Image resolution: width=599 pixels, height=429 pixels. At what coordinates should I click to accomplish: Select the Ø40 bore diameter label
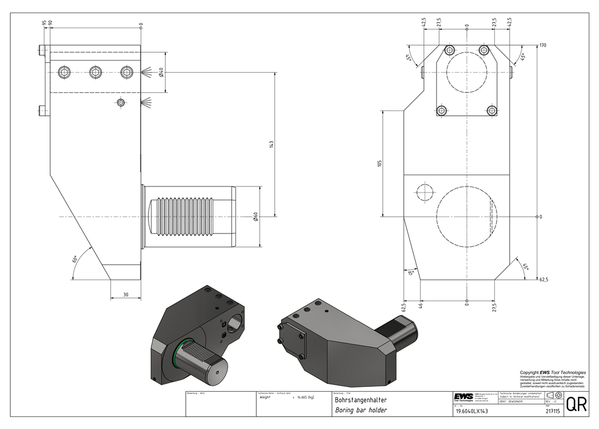point(162,73)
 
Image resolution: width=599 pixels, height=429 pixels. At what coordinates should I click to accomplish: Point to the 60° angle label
point(75,259)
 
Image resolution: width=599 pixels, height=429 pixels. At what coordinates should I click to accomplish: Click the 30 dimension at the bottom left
point(126,294)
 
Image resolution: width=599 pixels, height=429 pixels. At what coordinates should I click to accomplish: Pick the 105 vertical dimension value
point(379,163)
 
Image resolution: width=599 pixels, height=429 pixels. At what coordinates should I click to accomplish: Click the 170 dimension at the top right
point(543,46)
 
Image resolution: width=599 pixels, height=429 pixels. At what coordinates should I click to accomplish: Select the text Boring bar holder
point(361,410)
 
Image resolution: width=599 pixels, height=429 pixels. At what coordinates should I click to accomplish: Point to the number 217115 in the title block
point(552,411)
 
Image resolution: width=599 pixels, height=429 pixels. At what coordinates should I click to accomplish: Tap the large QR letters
point(576,404)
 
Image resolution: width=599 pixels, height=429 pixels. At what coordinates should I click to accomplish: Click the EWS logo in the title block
point(464,398)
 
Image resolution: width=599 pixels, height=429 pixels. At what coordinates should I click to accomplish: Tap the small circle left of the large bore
point(425,193)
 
